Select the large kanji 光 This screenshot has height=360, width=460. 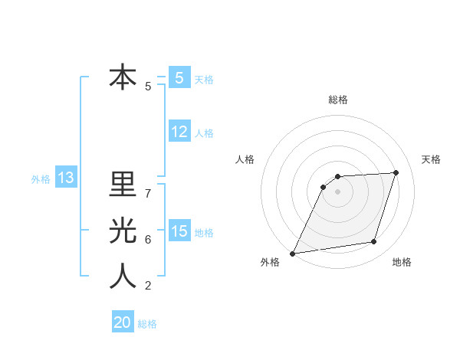tap(123, 231)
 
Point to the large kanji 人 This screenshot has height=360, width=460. tap(123, 277)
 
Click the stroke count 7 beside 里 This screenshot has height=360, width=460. tap(148, 193)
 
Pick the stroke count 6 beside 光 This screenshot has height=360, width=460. tap(148, 239)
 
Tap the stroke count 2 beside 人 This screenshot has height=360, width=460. tap(148, 286)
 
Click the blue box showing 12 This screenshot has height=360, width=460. tap(179, 132)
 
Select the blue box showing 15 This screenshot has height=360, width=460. tap(179, 231)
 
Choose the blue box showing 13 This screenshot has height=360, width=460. tap(66, 178)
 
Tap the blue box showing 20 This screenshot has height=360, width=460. tap(123, 322)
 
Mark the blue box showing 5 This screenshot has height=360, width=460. tap(179, 78)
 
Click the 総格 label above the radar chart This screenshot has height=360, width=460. tap(338, 100)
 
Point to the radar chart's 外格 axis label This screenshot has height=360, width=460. tap(270, 263)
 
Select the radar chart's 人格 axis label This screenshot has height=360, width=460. tap(245, 159)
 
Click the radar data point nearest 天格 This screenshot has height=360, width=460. tap(396, 172)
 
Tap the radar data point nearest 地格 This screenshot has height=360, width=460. tap(374, 242)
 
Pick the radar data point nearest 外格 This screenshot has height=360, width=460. tap(292, 254)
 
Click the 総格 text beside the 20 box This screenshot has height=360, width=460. tap(147, 324)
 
